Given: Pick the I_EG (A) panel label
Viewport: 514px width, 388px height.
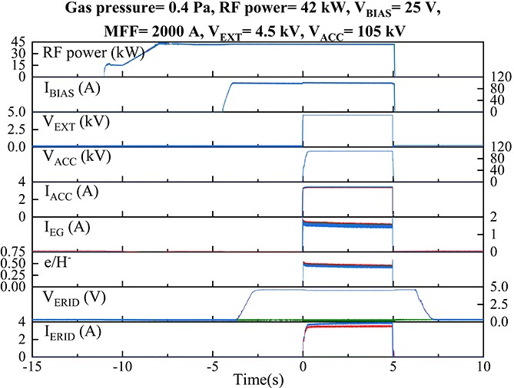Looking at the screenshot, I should [74, 226].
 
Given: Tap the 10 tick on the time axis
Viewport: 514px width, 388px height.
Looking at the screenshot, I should [481, 365].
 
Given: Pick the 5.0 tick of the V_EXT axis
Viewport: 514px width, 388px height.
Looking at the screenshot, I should [16, 113].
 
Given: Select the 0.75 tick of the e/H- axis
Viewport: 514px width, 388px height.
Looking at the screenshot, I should [13, 252].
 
